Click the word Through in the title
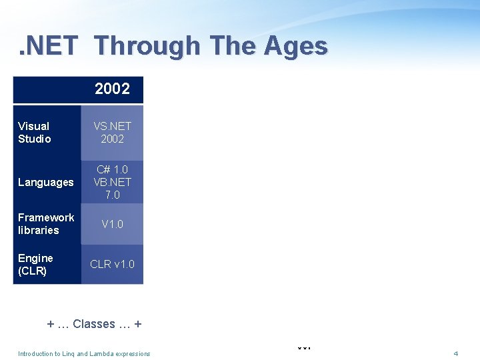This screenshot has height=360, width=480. [x=147, y=46]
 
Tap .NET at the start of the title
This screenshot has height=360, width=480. [x=49, y=46]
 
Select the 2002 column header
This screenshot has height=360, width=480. [x=112, y=89]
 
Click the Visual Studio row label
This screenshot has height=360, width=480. [x=35, y=132]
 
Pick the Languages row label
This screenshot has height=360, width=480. [x=46, y=182]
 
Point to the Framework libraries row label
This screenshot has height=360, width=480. [x=46, y=223]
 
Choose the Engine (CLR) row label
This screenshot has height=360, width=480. [x=36, y=264]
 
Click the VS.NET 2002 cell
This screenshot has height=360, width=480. [x=112, y=132]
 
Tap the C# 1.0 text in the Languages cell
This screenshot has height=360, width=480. [x=112, y=169]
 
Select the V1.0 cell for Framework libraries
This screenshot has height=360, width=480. [x=112, y=224]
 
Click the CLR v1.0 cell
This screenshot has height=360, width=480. [x=112, y=264]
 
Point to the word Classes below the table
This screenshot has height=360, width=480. [x=94, y=324]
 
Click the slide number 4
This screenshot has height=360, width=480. [x=455, y=353]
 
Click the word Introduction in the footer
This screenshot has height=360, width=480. [x=34, y=353]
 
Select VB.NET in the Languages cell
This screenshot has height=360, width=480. [x=112, y=182]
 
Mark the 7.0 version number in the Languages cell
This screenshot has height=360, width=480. [x=112, y=195]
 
